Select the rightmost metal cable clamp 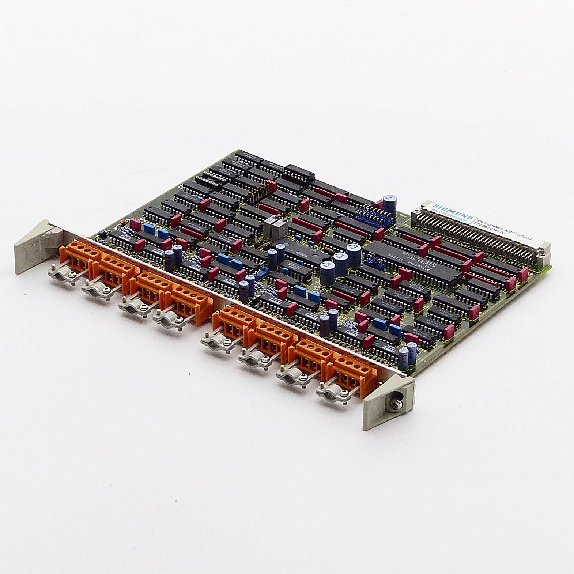tap(331, 393)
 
